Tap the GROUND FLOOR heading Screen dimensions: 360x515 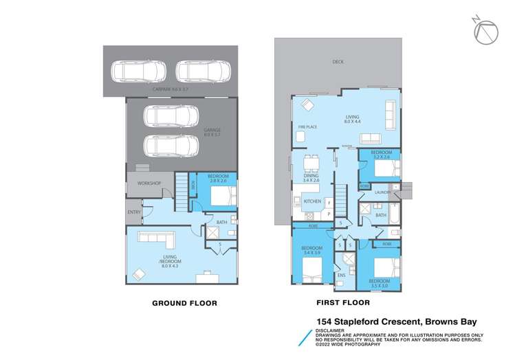(184, 303)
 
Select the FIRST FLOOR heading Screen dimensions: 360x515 (342, 302)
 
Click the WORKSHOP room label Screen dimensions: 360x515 (149, 183)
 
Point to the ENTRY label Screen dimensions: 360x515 (133, 212)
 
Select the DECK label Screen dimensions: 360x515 (338, 62)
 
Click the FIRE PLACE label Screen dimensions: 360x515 (307, 127)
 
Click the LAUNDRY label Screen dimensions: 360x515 (383, 193)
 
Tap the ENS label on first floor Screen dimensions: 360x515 (340, 275)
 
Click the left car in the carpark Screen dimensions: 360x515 (139, 71)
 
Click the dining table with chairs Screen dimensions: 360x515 (311, 162)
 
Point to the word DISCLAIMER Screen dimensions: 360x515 (329, 329)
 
